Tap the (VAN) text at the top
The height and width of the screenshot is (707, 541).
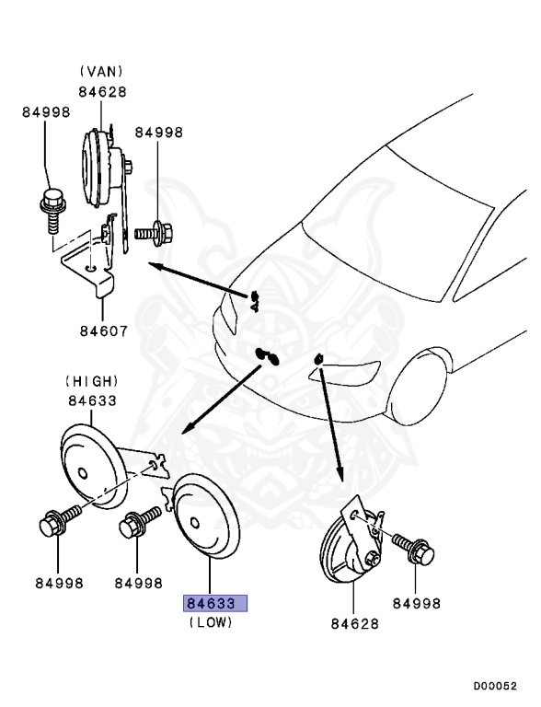click(x=101, y=71)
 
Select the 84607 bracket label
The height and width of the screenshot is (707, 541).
click(x=102, y=330)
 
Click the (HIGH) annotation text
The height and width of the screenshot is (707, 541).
click(x=91, y=380)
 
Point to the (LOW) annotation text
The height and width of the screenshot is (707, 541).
click(x=212, y=623)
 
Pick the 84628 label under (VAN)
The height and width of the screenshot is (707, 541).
click(x=101, y=91)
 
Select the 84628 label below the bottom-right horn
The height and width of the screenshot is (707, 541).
click(x=356, y=624)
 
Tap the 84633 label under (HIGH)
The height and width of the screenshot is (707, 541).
click(x=91, y=400)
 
